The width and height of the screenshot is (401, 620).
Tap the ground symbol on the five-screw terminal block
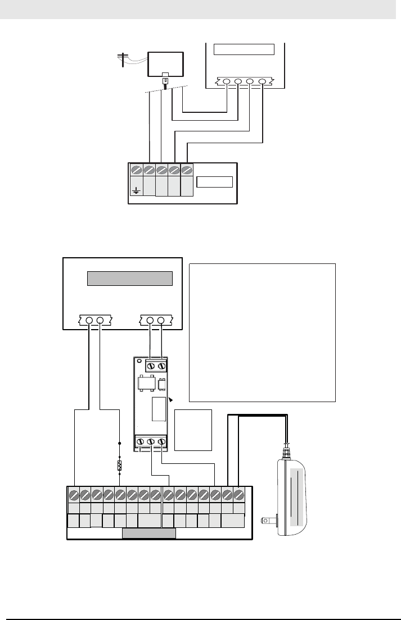[136, 190]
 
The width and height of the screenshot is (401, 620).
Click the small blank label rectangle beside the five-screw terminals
[214, 182]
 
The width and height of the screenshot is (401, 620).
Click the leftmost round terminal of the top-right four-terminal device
[227, 82]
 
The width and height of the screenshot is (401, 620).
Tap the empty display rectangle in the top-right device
[244, 48]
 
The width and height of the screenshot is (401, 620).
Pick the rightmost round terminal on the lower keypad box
[161, 321]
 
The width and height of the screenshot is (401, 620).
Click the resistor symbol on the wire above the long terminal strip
[119, 466]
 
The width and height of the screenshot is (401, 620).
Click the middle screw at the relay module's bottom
[151, 442]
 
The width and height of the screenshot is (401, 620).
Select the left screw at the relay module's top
[151, 366]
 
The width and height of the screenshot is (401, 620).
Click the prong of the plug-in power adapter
[268, 521]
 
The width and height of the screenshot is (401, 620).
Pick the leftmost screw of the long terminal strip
[73, 495]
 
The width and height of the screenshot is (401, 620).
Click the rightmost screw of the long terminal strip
[238, 495]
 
